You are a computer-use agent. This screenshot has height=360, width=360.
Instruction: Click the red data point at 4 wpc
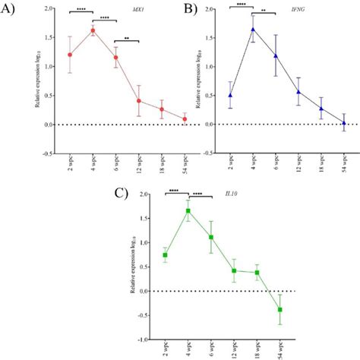(x=93, y=30)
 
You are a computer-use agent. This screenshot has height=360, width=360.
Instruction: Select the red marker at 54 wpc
(x=163, y=118)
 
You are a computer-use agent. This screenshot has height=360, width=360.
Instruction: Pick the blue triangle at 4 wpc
(x=253, y=30)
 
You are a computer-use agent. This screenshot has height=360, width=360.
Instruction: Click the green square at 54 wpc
(x=279, y=309)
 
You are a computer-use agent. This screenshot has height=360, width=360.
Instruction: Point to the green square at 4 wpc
(x=188, y=210)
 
